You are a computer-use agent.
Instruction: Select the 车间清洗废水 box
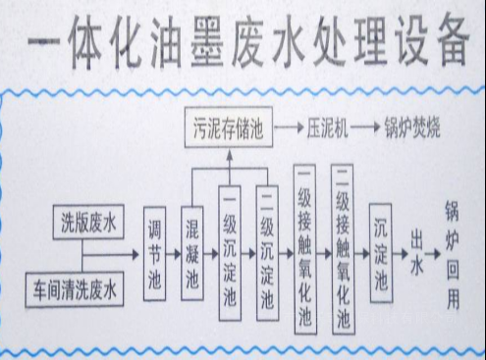[x=75, y=289]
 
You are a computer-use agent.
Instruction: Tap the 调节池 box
[x=154, y=252]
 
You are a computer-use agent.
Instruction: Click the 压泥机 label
[x=323, y=127]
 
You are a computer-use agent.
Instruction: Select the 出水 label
[x=418, y=253]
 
